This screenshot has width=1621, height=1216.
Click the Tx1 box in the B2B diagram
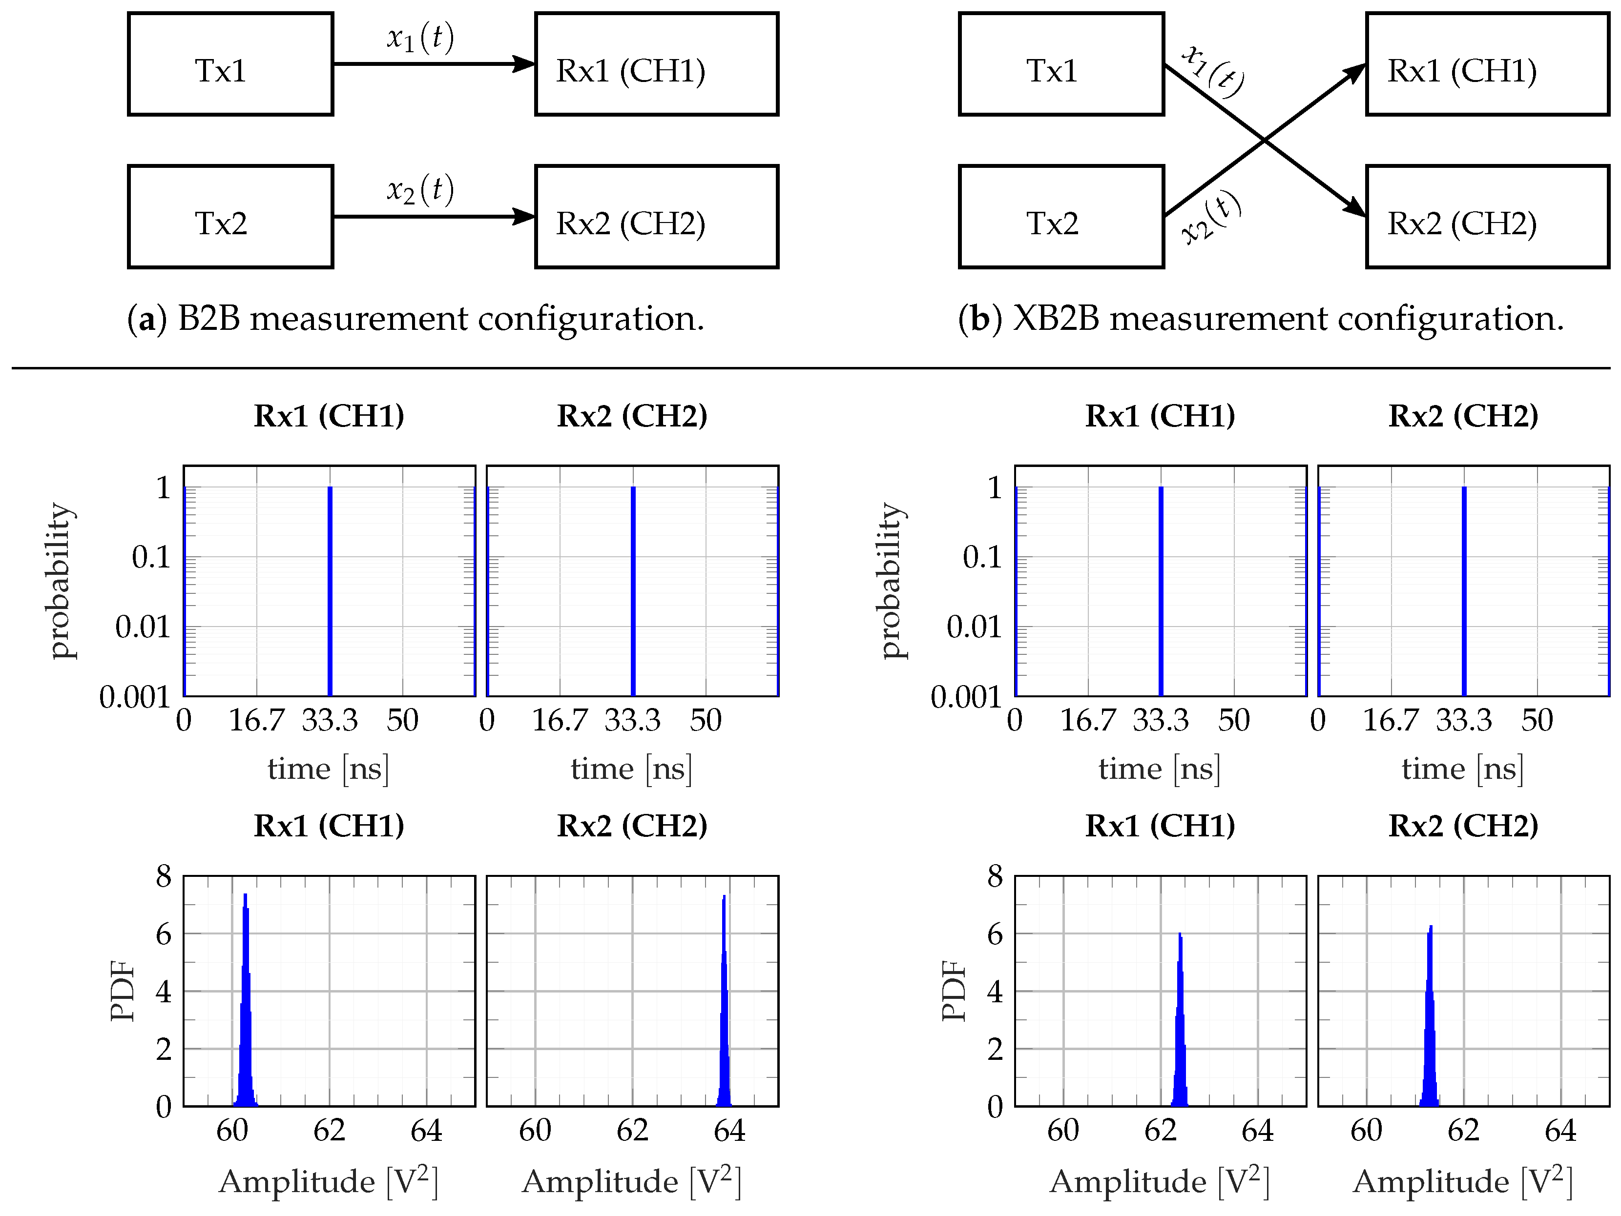tap(230, 64)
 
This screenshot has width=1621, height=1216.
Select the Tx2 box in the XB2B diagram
tap(1061, 217)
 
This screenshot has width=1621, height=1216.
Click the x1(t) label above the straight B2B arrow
tap(421, 37)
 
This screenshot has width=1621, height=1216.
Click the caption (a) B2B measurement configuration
tap(416, 318)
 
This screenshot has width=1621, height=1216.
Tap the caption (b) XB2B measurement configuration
tap(1261, 318)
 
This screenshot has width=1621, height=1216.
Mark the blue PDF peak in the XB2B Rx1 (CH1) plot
tap(1180, 1026)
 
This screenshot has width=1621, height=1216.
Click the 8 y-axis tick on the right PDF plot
tap(995, 876)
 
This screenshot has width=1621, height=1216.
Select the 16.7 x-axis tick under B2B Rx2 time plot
tap(560, 721)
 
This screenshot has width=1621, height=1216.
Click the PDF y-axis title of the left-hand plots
tap(123, 991)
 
